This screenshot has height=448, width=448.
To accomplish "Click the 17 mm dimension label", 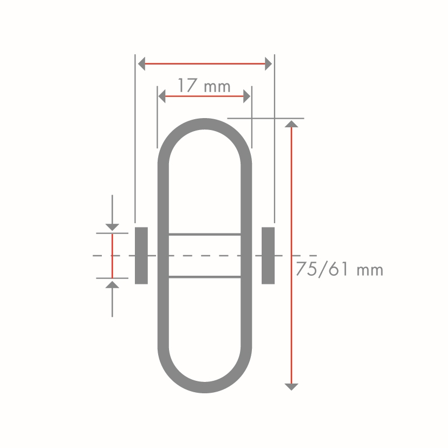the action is tap(204, 86).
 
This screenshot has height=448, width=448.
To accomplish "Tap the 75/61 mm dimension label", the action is tap(340, 269).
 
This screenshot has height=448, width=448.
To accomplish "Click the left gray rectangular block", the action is tap(141, 256).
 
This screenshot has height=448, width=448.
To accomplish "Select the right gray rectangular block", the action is tap(268, 256).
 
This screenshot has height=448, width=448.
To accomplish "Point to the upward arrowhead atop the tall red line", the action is tap(291, 124).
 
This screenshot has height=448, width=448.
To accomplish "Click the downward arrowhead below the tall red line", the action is tap(291, 387).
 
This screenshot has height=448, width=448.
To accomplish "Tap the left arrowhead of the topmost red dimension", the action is tap(141, 64).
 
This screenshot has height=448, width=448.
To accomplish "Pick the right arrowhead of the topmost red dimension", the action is tap(268, 64).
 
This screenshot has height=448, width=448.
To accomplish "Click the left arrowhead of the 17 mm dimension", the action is tap(162, 96).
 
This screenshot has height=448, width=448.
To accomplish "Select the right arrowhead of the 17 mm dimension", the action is tap(247, 96).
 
